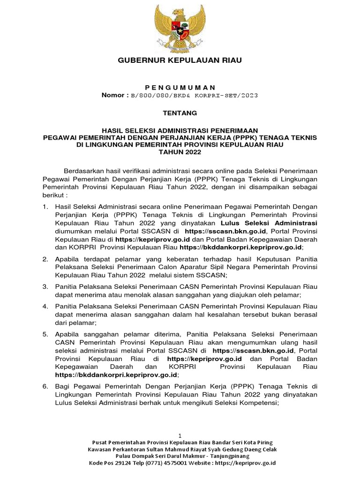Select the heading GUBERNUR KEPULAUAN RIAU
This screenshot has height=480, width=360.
tap(180, 61)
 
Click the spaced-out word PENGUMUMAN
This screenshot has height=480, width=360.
tap(180, 87)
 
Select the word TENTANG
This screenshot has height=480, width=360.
tap(180, 113)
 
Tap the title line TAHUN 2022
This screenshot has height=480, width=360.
tap(180, 152)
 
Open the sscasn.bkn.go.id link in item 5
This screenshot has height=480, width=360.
tap(253, 351)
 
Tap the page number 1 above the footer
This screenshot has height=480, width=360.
tap(180, 435)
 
